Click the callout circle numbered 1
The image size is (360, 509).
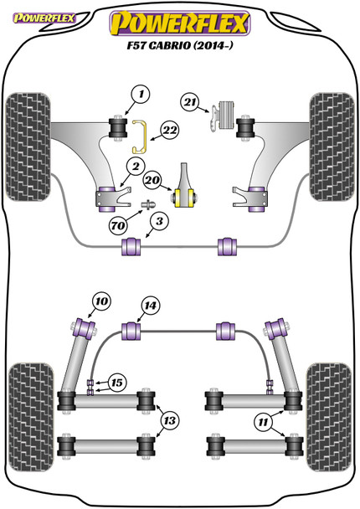pyautogui.click(x=141, y=95)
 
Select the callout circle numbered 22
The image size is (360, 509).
pyautogui.click(x=170, y=130)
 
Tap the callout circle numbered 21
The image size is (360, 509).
pyautogui.click(x=190, y=102)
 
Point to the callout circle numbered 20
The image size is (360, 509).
pyautogui.click(x=152, y=180)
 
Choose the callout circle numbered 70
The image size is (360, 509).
pyautogui.click(x=118, y=225)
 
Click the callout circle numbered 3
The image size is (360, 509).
pyautogui.click(x=159, y=221)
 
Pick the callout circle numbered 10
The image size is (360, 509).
pyautogui.click(x=101, y=301)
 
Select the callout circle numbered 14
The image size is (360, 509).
pyautogui.click(x=151, y=306)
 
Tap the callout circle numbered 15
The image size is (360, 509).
pyautogui.click(x=117, y=383)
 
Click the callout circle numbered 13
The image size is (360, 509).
pyautogui.click(x=170, y=421)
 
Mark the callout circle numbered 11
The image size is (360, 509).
pyautogui.click(x=263, y=422)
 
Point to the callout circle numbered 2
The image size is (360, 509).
pyautogui.click(x=136, y=167)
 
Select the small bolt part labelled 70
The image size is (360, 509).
pyautogui.click(x=148, y=205)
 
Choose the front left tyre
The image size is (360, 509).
pyautogui.click(x=28, y=147)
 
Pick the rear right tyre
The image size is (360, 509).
pyautogui.click(x=329, y=417)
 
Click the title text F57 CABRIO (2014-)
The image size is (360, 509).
pyautogui.click(x=180, y=45)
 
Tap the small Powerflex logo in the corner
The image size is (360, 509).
pyautogui.click(x=44, y=18)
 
